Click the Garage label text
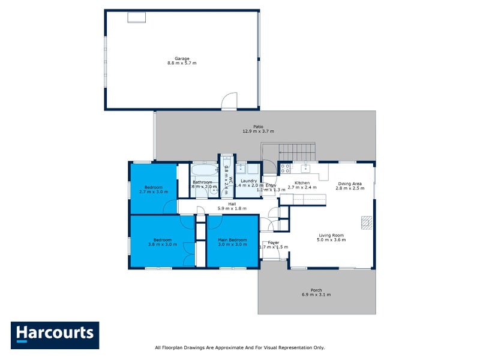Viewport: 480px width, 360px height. [x=182, y=58]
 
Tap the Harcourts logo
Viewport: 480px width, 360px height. [x=55, y=334]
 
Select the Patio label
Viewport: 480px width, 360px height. [x=258, y=127]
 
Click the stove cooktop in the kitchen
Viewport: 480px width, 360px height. [x=286, y=169]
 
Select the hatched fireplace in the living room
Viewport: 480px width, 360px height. [x=365, y=223]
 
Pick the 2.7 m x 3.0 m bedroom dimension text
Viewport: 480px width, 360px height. [x=153, y=192]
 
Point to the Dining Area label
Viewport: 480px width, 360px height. [x=350, y=184]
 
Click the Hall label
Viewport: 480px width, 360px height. [x=232, y=204]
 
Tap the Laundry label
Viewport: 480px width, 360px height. [x=248, y=181]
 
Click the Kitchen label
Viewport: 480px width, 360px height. [x=302, y=182]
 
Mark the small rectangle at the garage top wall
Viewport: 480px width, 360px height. [x=136, y=17]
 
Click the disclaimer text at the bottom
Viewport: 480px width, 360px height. [x=239, y=347]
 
